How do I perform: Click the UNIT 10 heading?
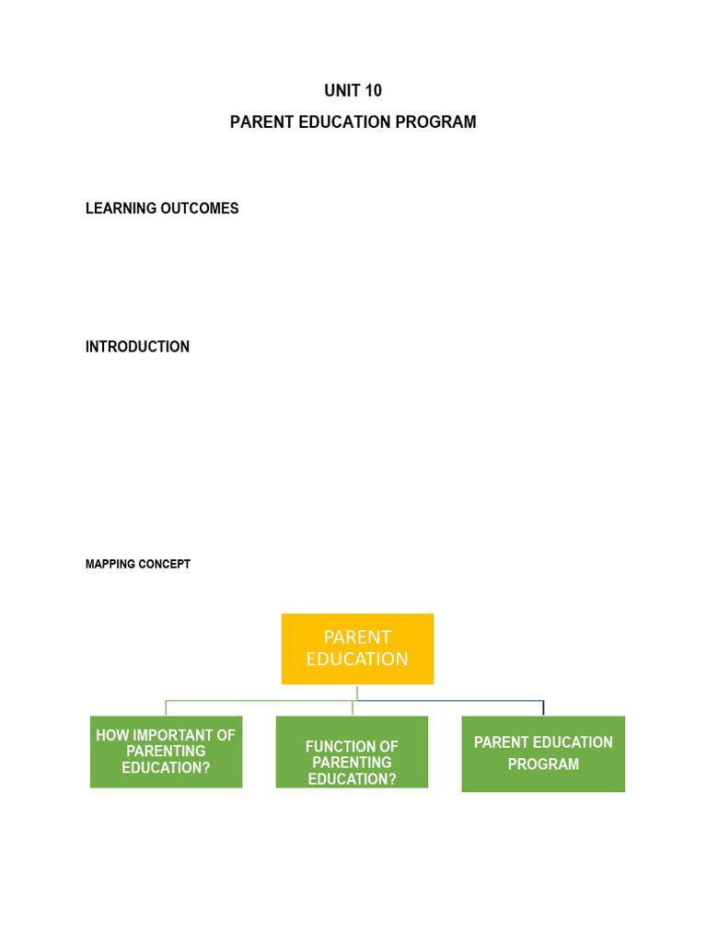coord(353,90)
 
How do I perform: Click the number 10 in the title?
coord(371,90)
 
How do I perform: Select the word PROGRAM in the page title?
coord(444,121)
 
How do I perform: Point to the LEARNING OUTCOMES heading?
coord(162,208)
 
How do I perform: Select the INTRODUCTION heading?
coord(137,347)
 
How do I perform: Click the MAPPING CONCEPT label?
coord(137,564)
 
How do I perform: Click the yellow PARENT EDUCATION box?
coord(357,649)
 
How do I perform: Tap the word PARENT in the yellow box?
coord(357,637)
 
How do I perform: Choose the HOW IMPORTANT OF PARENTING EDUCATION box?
coord(166,752)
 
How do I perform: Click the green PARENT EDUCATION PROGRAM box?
coord(543,753)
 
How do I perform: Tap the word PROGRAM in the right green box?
coord(543,764)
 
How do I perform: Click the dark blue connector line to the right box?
coord(460,701)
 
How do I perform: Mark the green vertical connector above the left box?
coord(166,707)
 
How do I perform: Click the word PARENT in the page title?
coord(261,121)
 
